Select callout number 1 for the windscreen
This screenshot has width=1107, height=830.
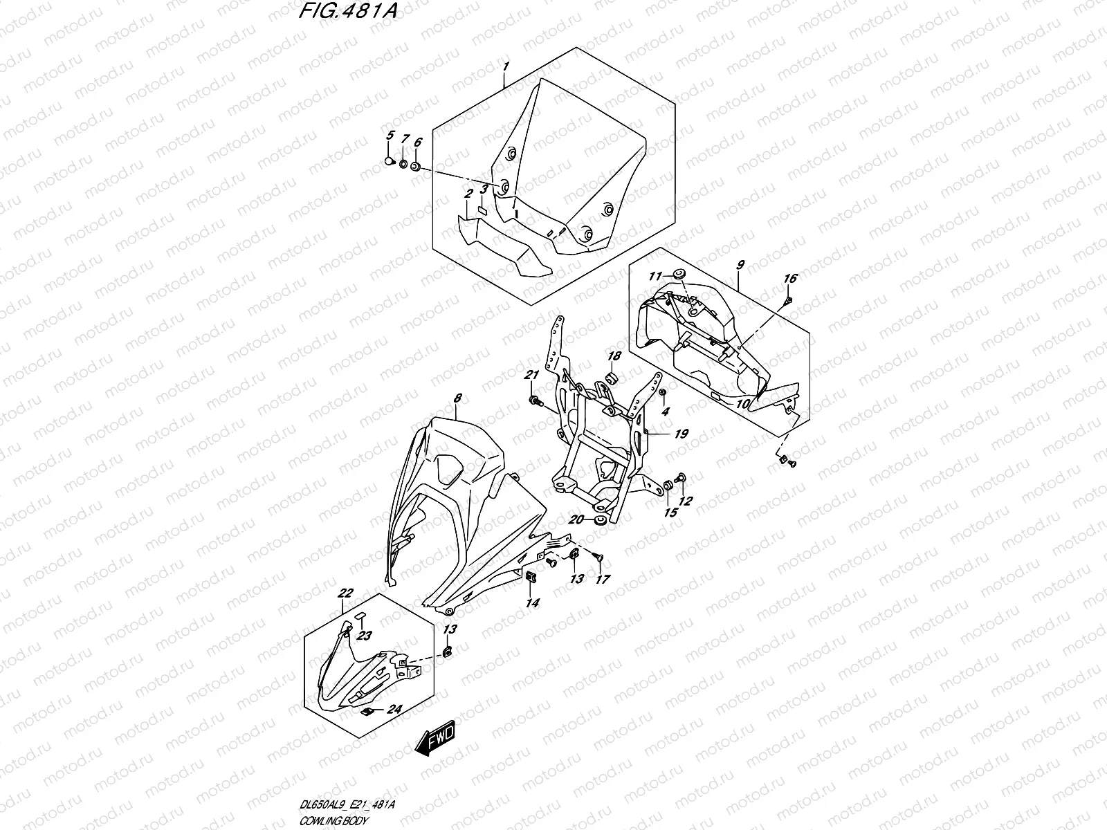coord(506,67)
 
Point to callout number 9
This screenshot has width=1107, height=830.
coord(740,265)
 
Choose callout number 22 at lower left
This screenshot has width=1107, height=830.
coord(346,593)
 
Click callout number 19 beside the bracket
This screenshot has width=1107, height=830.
coord(681,434)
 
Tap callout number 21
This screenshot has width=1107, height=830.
coord(531,375)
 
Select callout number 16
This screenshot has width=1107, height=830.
coord(790,278)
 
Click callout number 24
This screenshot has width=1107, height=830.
coord(394,708)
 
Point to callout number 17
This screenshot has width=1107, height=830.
coord(603,579)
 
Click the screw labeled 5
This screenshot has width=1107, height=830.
coord(389,161)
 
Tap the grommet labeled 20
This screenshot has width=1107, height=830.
coord(599,519)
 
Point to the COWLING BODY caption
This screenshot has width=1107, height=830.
coord(334,820)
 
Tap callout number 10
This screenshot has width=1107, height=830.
coord(742,403)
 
